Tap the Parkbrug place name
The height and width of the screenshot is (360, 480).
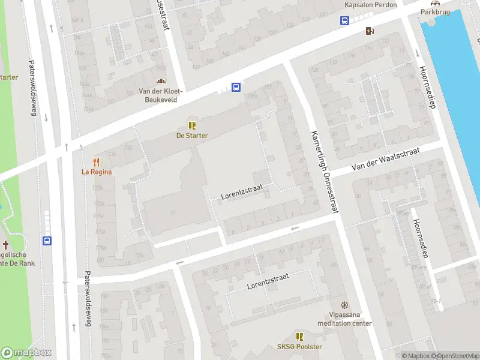435,11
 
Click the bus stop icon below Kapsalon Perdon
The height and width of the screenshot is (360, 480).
345,20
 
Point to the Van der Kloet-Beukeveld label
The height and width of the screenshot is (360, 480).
160,95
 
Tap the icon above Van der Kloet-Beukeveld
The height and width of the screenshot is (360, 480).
160,82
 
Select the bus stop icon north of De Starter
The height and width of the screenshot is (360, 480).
236,87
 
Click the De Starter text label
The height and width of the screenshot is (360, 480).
192,136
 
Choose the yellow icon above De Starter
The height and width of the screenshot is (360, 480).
192,125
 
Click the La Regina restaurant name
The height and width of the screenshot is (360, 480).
97,172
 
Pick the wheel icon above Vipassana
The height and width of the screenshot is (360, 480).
344,305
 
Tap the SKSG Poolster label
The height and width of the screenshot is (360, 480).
299,347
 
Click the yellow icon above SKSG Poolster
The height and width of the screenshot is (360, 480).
299,337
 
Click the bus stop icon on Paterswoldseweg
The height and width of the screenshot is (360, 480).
47,241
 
